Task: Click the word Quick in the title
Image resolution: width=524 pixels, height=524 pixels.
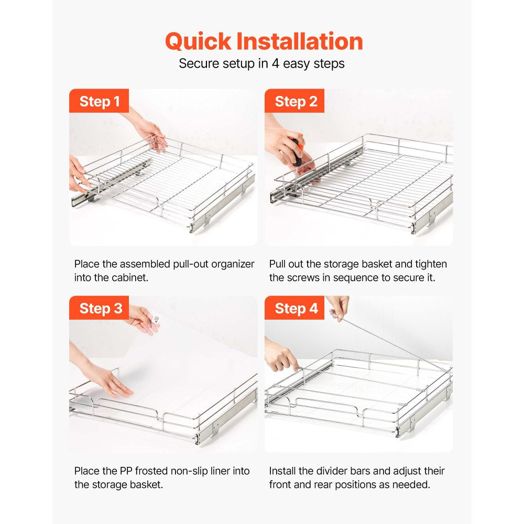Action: [x=198, y=42]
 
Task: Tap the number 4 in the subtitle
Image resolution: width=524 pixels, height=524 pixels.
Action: [x=276, y=63]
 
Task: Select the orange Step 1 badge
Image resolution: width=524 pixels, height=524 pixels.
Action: [x=99, y=101]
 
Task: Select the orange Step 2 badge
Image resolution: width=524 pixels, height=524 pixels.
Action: [x=294, y=101]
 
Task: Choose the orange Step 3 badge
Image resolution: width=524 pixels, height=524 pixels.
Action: [x=99, y=308]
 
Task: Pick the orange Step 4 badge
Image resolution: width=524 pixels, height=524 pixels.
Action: [x=294, y=308]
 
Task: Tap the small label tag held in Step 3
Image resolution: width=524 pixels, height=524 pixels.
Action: [x=156, y=318]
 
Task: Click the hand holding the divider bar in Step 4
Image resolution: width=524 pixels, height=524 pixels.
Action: [x=338, y=308]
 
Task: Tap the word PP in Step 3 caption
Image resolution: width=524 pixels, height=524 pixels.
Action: [x=126, y=471]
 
